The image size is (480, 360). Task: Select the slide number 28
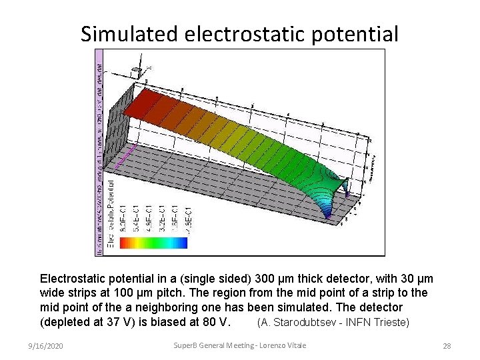447,346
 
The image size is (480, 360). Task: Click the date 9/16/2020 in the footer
45,346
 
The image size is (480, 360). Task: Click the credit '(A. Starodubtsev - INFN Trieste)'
333,323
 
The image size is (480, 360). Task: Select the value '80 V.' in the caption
216,322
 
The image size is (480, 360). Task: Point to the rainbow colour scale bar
153,243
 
